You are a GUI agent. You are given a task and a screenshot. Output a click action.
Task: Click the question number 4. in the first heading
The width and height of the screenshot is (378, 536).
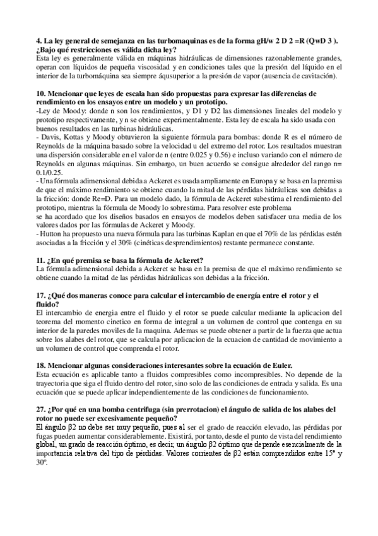click(x=40, y=40)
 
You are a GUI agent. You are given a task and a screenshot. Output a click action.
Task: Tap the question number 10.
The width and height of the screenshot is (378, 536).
click(x=42, y=94)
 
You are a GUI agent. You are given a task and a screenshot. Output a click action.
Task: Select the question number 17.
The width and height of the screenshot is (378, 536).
click(x=42, y=295)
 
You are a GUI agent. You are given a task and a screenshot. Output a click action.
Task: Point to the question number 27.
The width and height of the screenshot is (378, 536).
click(x=42, y=409)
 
